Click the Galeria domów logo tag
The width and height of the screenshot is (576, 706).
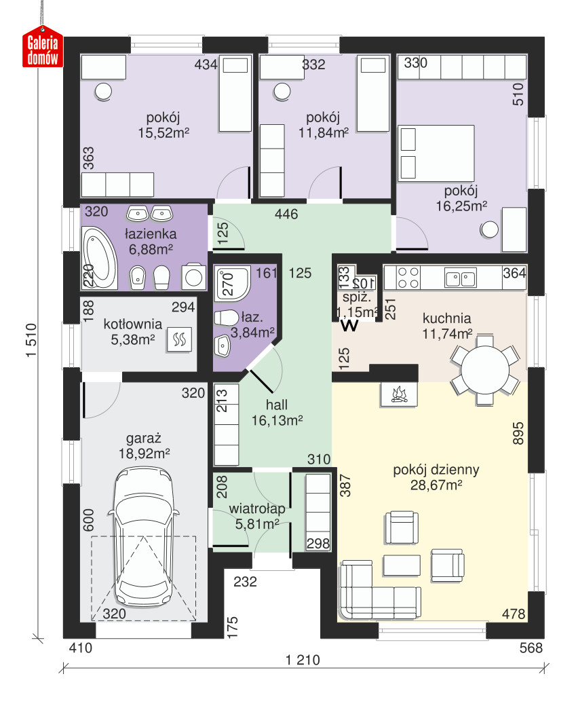[x=43, y=48]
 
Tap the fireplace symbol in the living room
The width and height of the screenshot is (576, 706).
[x=399, y=394]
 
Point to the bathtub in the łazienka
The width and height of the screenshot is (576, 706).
[x=100, y=258]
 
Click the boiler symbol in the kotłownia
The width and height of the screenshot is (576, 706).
[x=179, y=339]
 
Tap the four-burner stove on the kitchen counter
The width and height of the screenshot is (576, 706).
[x=408, y=278]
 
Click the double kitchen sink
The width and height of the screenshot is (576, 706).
[x=460, y=278]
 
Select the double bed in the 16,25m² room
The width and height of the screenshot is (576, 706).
[x=436, y=153]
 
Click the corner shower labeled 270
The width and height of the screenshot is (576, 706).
[x=232, y=284]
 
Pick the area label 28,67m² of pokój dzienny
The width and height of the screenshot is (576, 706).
[x=436, y=485]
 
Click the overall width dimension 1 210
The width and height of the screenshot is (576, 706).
[x=303, y=660]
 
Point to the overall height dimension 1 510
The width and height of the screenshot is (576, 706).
[x=31, y=340]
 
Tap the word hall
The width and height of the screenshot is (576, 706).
[x=277, y=405]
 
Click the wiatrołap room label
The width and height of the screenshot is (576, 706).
[x=257, y=508]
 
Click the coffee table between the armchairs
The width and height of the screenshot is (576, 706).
[x=402, y=565]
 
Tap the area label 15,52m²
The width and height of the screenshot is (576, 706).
[x=164, y=133]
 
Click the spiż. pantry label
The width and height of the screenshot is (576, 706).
[x=357, y=297]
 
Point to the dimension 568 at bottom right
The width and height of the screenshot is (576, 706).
[x=531, y=648]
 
